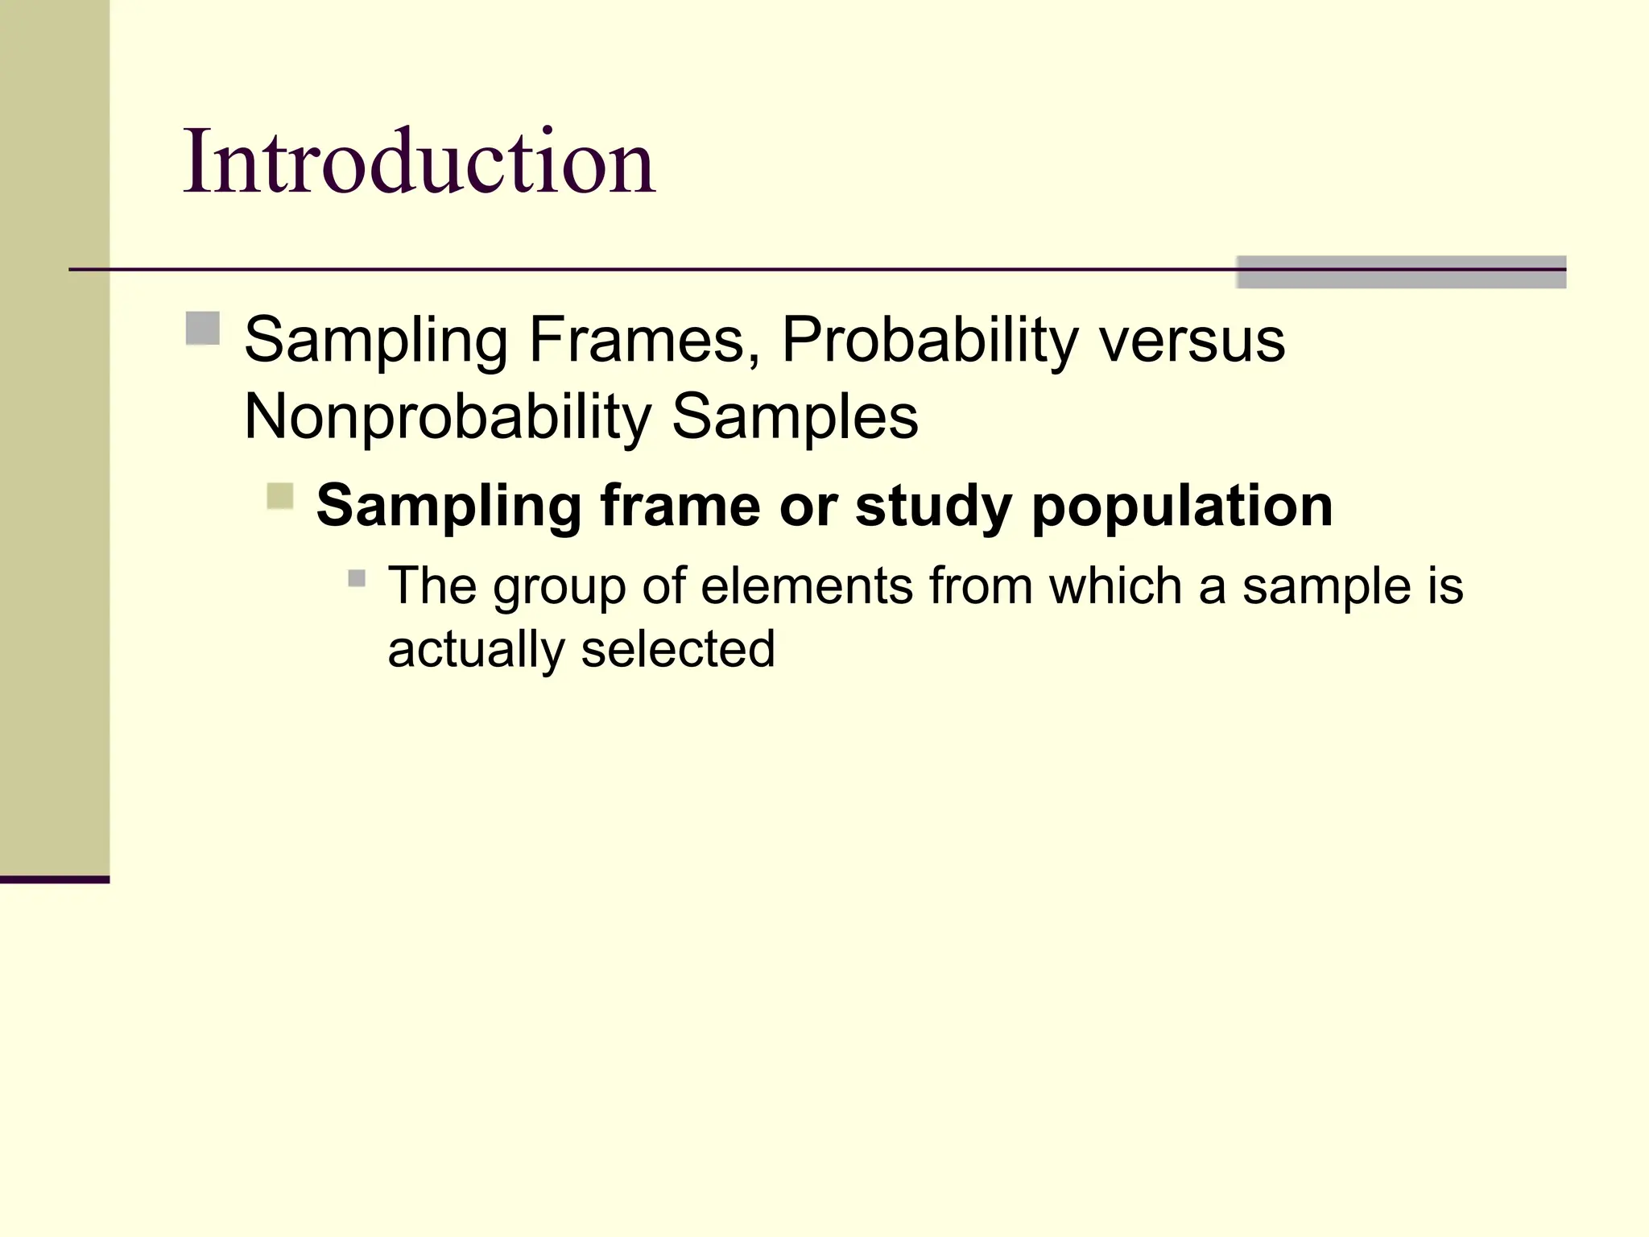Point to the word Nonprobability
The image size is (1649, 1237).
(447, 418)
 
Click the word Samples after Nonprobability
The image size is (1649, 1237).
(794, 418)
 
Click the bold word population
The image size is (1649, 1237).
(1182, 507)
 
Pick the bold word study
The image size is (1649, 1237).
(933, 507)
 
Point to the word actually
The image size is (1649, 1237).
(476, 650)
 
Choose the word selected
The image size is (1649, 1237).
(678, 649)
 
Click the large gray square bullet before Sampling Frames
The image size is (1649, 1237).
(203, 329)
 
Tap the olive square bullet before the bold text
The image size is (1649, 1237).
(280, 496)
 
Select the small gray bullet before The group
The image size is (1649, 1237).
(357, 578)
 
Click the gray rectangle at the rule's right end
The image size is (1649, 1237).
(1400, 272)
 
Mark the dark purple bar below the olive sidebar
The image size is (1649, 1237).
(55, 879)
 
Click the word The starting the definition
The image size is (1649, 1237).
(432, 585)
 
